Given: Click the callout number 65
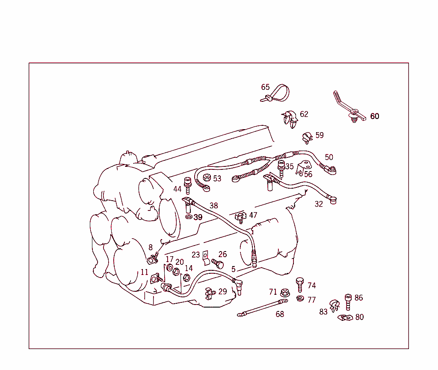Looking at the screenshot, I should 265,87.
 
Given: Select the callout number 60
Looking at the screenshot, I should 374,116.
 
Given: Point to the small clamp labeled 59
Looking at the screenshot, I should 307,137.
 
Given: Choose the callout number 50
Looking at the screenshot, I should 328,157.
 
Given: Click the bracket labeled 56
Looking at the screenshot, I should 305,168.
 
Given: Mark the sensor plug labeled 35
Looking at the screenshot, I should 281,167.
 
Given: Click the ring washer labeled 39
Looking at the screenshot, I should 189,217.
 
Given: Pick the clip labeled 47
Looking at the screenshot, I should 241,217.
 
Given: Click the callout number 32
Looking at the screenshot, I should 319,204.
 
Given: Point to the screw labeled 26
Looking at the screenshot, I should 218,263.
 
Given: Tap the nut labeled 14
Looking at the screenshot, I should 186,278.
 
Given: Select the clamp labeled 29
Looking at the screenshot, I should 209,293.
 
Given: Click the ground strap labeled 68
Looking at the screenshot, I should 262,308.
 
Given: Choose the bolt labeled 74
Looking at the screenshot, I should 299,284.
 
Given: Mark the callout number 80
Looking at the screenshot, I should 359,317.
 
